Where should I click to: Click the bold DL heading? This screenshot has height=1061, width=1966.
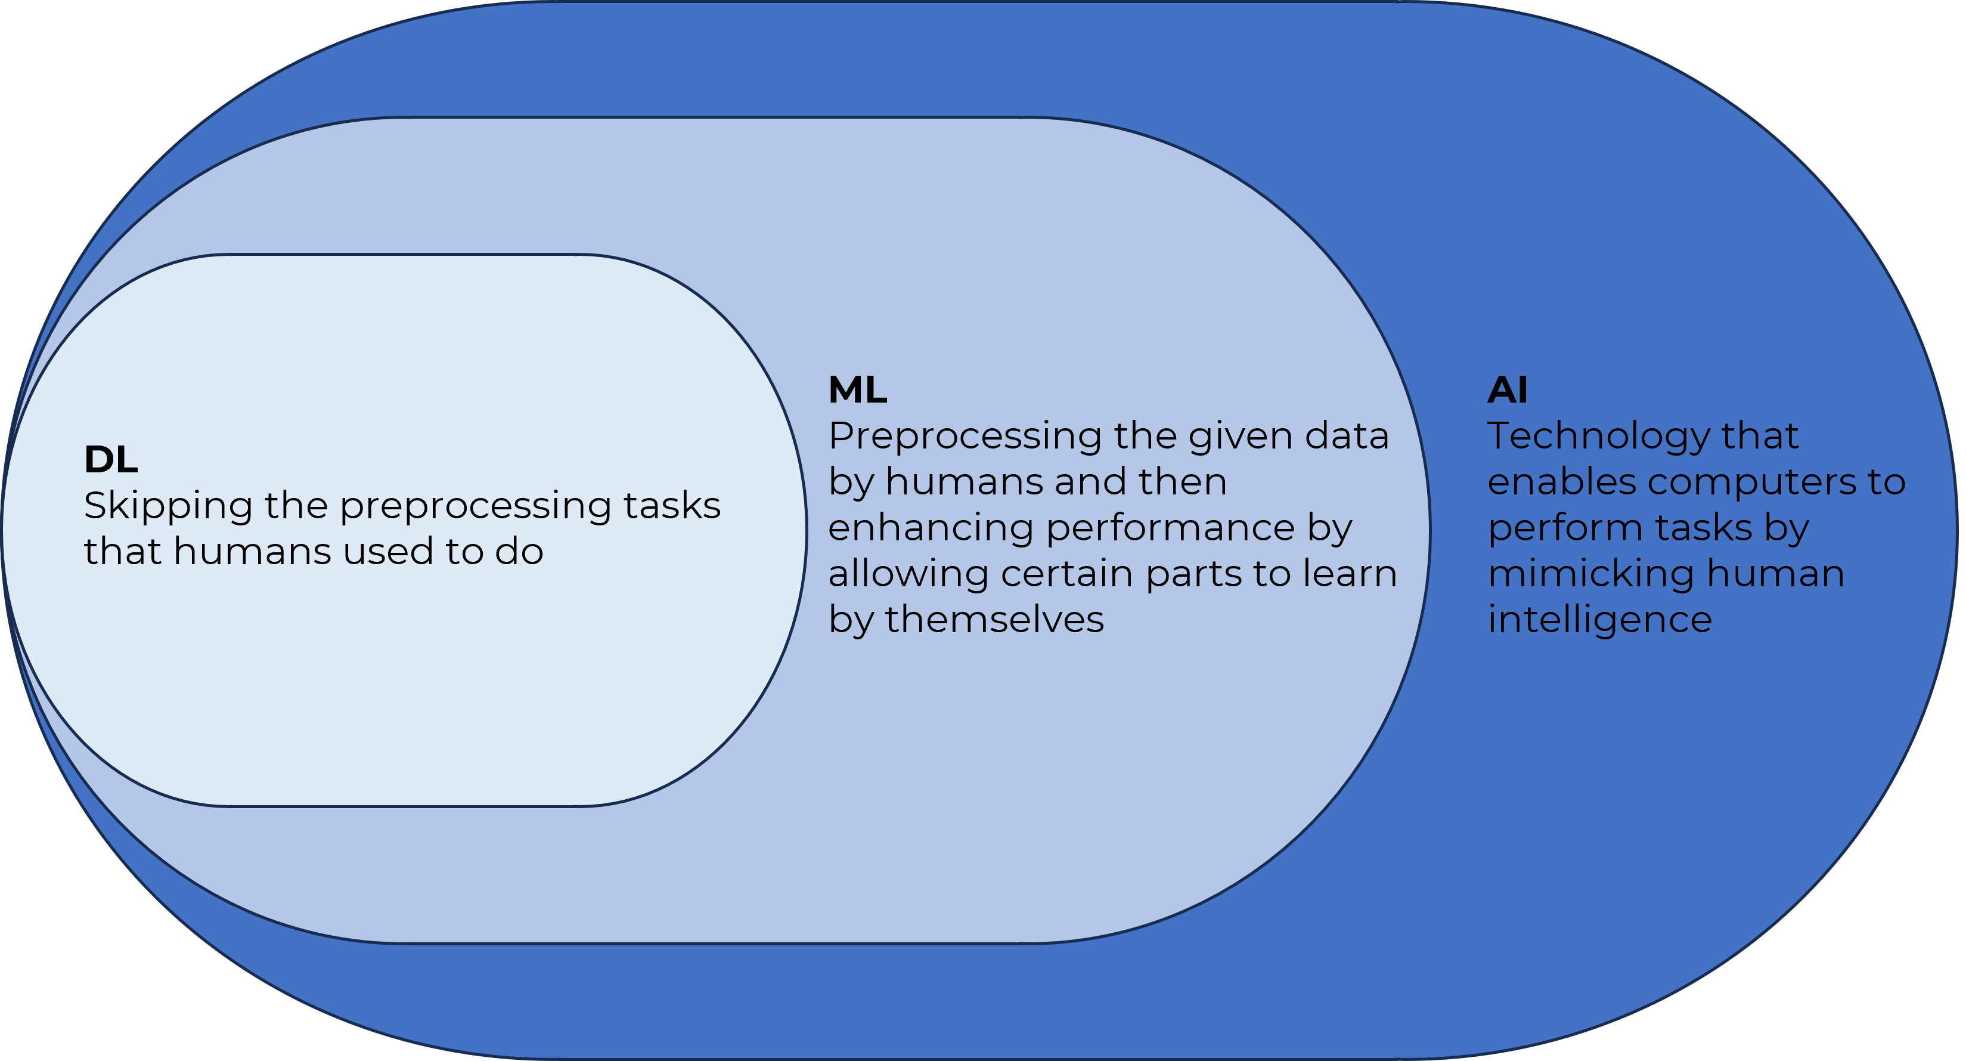click(111, 459)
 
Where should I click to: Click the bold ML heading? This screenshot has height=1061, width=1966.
click(857, 390)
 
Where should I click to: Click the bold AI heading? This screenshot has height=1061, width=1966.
click(1508, 390)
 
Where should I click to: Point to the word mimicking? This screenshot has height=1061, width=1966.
click(1590, 573)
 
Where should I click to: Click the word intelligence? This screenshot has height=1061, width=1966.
click(1599, 620)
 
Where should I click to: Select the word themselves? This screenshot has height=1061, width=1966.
click(994, 619)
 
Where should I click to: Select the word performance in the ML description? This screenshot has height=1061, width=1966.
click(1171, 529)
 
